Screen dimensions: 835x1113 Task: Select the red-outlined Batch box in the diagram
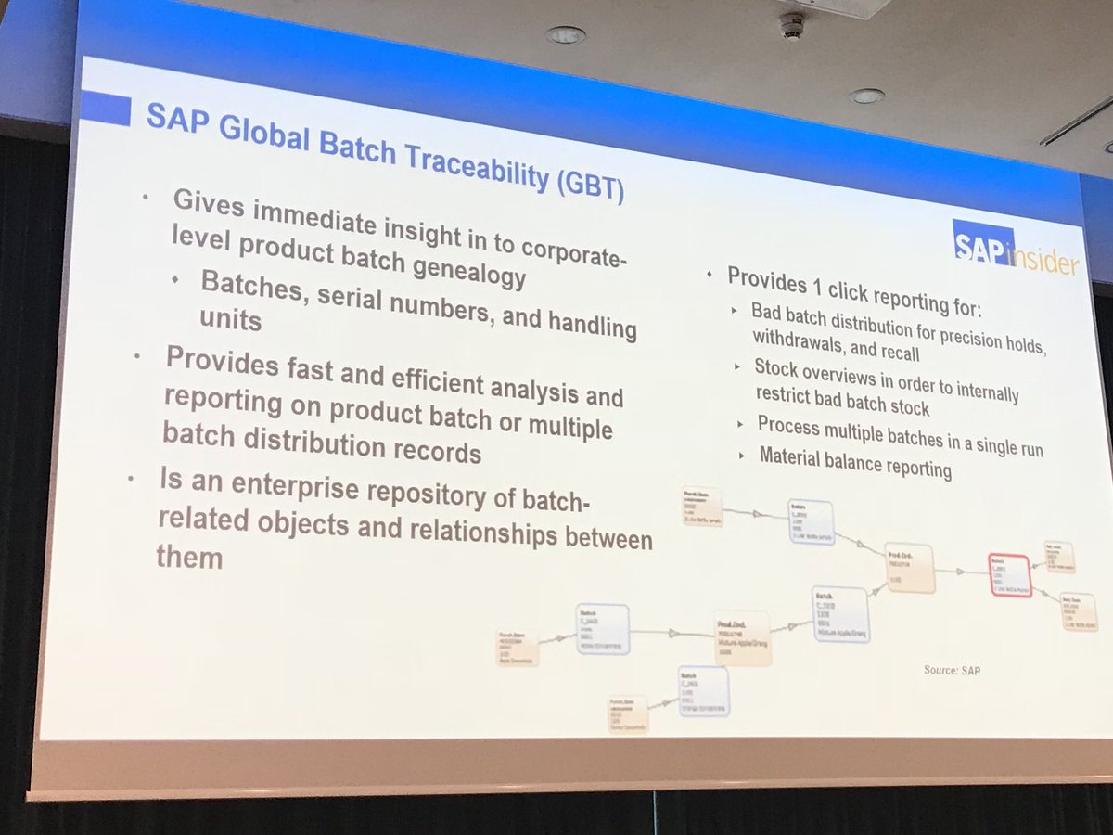point(1009,575)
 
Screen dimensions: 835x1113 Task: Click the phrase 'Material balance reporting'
point(855,462)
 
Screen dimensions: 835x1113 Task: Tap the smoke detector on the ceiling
point(791,25)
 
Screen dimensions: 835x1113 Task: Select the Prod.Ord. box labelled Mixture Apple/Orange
point(743,637)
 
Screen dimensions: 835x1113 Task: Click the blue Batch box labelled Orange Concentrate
point(702,691)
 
